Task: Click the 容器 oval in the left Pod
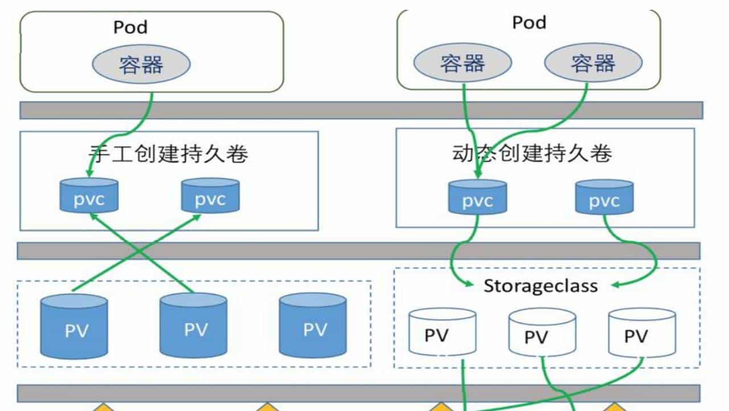141,64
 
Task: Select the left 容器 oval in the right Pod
462,63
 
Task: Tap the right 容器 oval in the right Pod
593,63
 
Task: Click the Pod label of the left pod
130,27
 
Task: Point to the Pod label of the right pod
529,23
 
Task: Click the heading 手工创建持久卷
169,153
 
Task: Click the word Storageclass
540,286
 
